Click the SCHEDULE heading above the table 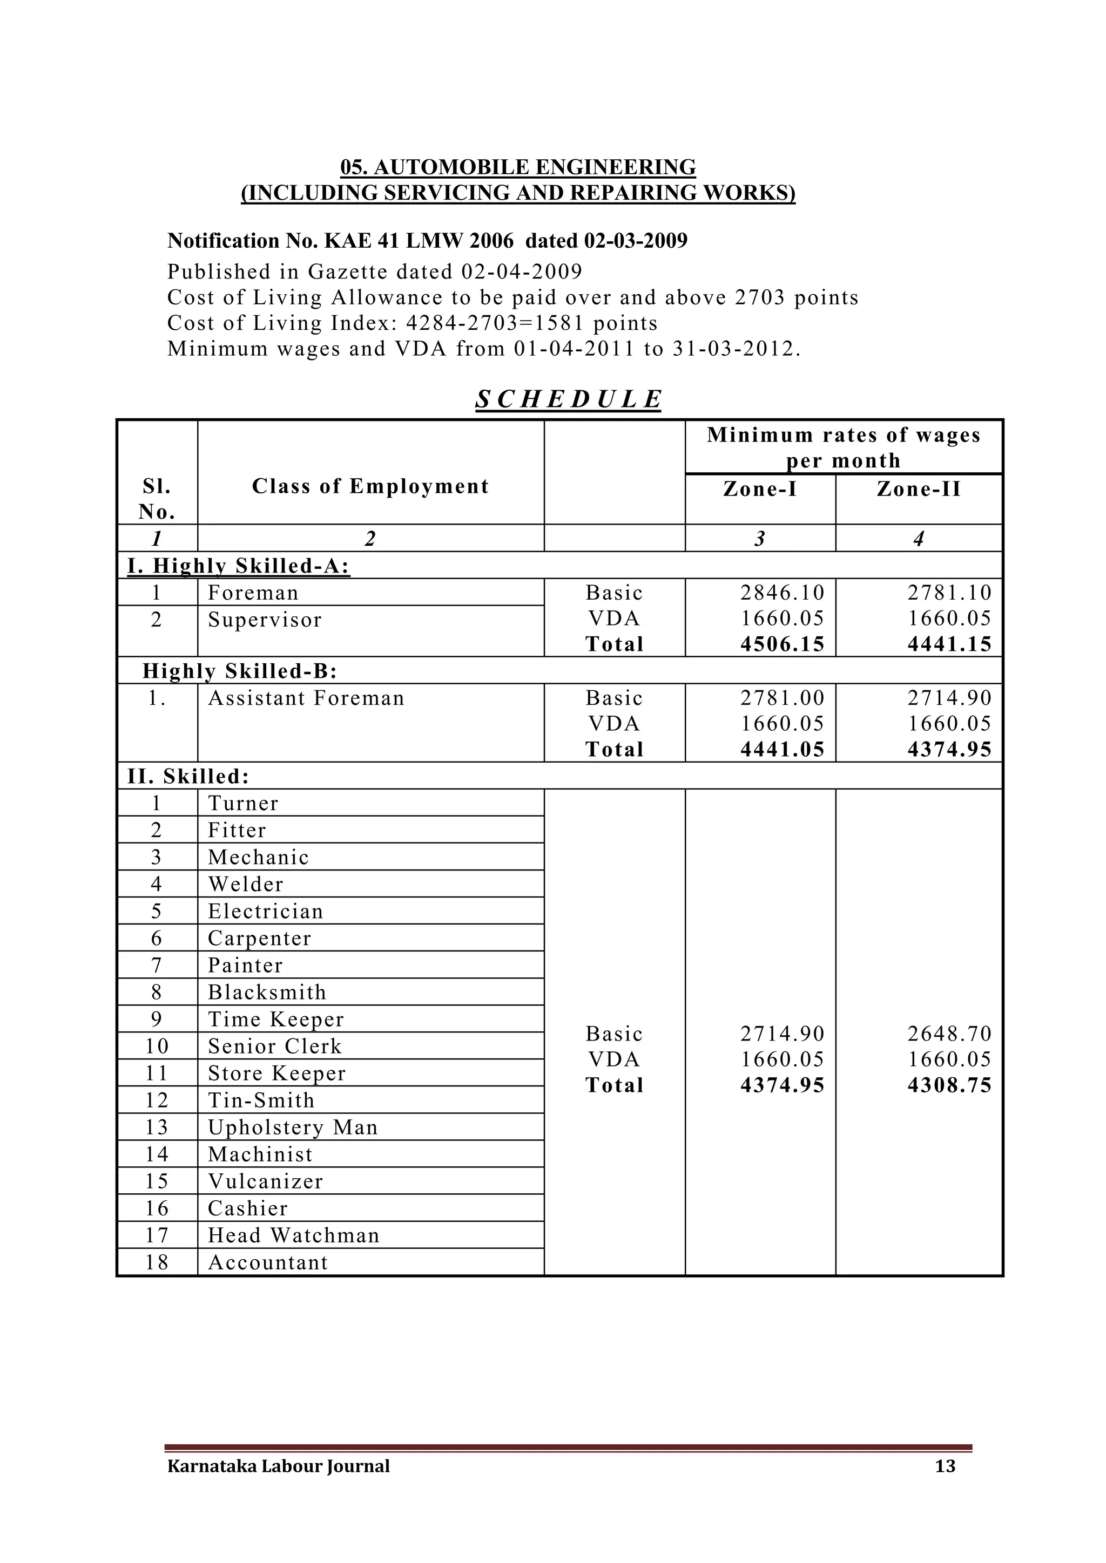tap(568, 399)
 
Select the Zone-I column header tap(759, 489)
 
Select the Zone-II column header tap(918, 489)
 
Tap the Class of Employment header tap(370, 486)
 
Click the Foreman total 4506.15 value tap(782, 644)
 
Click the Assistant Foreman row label tap(306, 698)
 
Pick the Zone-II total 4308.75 tap(949, 1085)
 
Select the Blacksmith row tap(267, 992)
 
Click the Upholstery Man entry tap(293, 1127)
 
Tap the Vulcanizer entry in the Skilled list tap(265, 1181)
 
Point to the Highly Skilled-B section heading tap(240, 671)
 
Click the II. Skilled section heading tap(188, 776)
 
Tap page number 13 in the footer tap(945, 1466)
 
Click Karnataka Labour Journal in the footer tap(279, 1466)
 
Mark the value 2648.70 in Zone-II tap(949, 1034)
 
